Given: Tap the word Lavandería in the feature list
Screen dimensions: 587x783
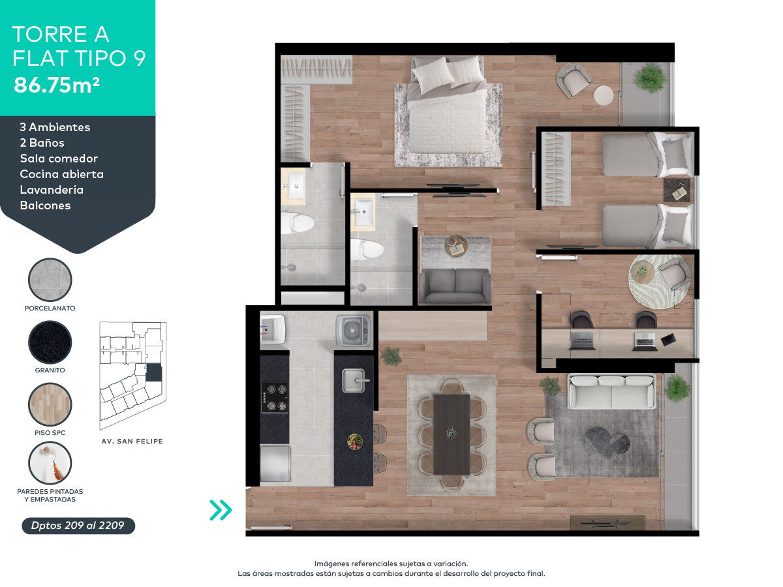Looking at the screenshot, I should [x=52, y=190].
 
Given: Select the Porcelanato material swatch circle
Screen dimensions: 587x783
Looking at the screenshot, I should [x=50, y=280].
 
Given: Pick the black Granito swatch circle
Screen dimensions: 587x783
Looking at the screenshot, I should [x=50, y=342].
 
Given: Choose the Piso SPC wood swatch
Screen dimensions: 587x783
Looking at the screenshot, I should [x=50, y=404].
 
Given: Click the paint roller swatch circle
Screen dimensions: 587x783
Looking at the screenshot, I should [x=50, y=462].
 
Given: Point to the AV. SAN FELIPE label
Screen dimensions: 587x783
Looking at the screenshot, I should [x=132, y=442].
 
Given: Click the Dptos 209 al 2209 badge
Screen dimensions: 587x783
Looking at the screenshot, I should [x=78, y=526].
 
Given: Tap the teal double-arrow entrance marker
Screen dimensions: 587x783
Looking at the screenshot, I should [x=221, y=509].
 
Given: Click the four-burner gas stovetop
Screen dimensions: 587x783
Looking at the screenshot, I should [x=274, y=397].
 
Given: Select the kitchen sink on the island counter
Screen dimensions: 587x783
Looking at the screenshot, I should [x=354, y=380].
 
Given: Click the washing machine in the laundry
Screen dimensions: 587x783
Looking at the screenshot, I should [x=353, y=330].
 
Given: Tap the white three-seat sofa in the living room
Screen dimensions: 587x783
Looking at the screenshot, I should [x=611, y=391].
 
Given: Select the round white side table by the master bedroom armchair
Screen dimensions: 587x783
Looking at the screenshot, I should [x=604, y=95].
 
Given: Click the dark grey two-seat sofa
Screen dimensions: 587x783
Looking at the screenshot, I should [x=455, y=286].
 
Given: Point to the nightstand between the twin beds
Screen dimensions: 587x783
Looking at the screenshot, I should [x=677, y=191].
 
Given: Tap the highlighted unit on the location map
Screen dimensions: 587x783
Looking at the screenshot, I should [x=153, y=373].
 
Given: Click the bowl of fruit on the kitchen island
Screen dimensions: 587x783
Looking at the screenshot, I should [x=354, y=441].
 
